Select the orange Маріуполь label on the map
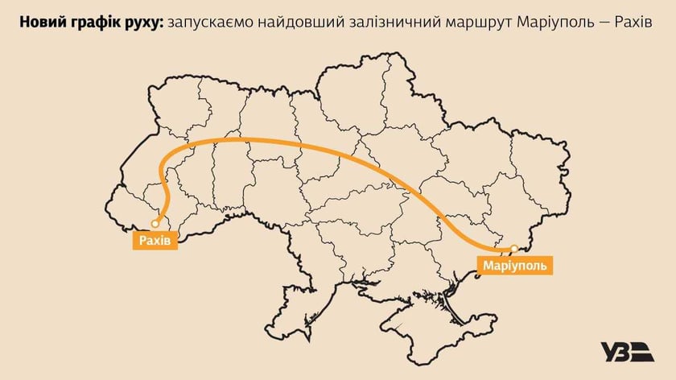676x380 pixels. point(516,263)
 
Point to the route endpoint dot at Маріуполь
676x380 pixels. point(513,247)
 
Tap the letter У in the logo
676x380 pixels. point(608,352)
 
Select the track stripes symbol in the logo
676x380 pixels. point(642,352)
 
